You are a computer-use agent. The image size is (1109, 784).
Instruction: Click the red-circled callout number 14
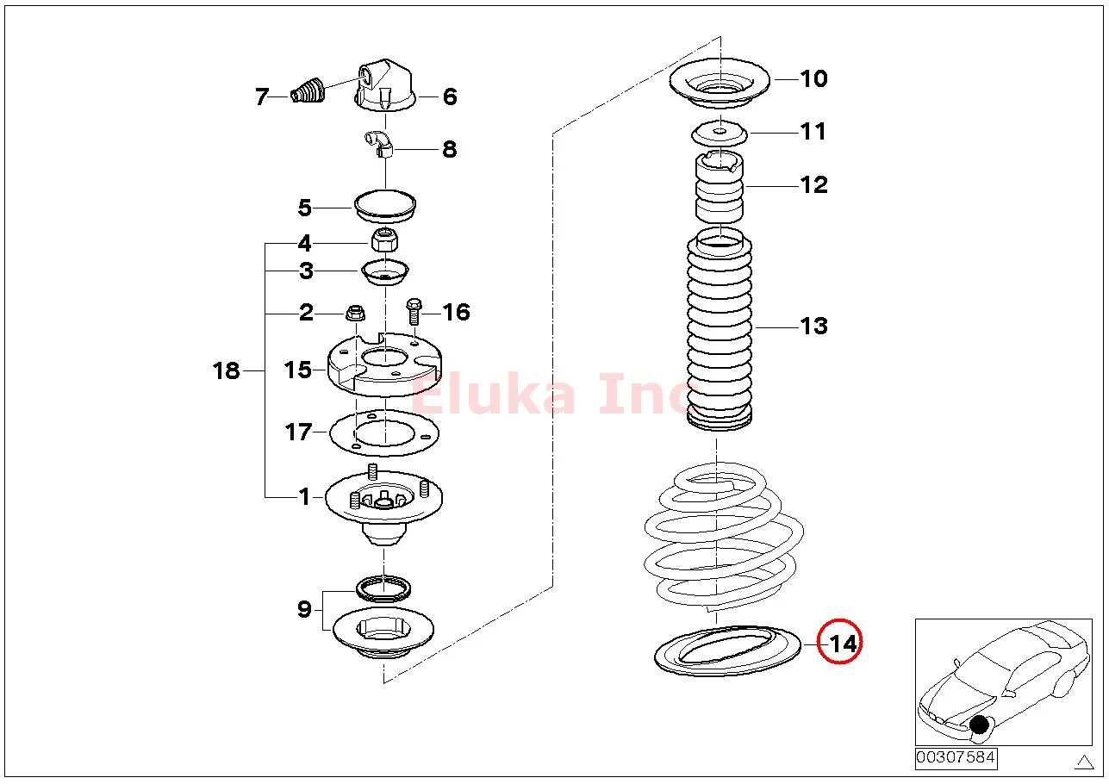(843, 644)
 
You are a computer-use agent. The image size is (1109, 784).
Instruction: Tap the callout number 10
(813, 78)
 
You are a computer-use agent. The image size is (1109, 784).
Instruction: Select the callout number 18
(226, 370)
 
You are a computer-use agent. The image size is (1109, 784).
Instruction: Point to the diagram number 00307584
(956, 758)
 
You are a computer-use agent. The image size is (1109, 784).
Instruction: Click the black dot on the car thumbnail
(979, 725)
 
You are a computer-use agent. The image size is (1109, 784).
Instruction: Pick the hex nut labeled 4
(384, 240)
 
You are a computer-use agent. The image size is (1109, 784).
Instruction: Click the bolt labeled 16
(414, 311)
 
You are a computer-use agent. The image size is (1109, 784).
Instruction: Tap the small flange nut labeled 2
(355, 313)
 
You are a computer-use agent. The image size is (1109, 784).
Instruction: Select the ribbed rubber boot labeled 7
(308, 90)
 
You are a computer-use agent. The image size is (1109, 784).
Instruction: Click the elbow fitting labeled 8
(379, 144)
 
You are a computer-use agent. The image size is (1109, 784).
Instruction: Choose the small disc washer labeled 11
(720, 134)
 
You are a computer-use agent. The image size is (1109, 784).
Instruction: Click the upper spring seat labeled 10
(720, 84)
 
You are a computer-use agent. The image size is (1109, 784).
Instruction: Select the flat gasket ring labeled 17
(384, 433)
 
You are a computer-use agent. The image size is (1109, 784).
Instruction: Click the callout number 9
(304, 609)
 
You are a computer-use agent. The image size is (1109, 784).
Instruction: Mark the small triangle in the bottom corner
(1084, 762)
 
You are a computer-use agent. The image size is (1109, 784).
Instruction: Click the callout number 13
(813, 327)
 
